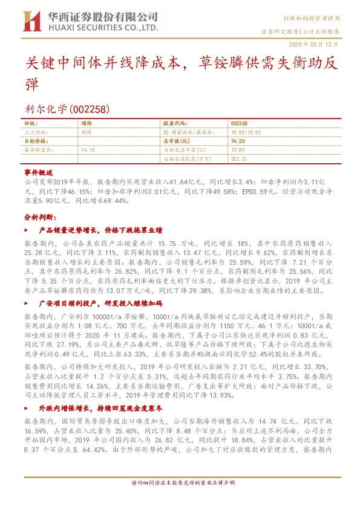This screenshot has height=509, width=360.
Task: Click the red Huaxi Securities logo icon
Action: point(31,21)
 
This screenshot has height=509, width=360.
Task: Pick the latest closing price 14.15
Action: point(88,149)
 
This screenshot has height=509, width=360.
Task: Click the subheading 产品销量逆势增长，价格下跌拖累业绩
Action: point(100,230)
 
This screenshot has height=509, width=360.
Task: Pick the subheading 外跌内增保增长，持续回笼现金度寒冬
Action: point(100,391)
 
